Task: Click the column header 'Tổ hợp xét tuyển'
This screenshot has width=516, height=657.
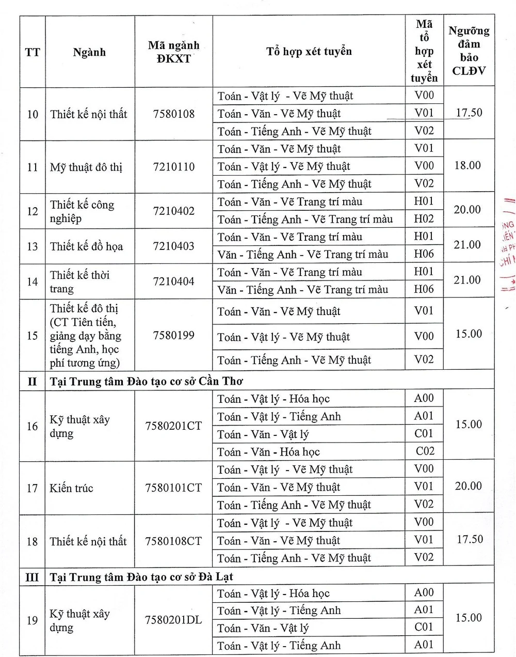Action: pyautogui.click(x=309, y=52)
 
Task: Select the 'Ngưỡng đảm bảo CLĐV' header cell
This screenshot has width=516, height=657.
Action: pyautogui.click(x=469, y=51)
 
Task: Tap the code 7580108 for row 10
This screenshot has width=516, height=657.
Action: pyautogui.click(x=174, y=114)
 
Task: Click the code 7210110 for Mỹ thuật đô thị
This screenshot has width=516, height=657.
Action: pyautogui.click(x=174, y=167)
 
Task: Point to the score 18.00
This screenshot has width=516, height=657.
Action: pyautogui.click(x=467, y=165)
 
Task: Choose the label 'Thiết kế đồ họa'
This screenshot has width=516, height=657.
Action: pyautogui.click(x=86, y=246)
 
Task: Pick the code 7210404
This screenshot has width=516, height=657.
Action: pyautogui.click(x=174, y=281)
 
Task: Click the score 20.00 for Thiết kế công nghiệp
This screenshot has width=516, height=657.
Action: pyautogui.click(x=467, y=210)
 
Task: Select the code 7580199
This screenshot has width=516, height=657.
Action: pyautogui.click(x=174, y=335)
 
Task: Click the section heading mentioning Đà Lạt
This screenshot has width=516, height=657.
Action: pyautogui.click(x=141, y=576)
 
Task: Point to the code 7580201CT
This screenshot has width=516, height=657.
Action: pyautogui.click(x=173, y=426)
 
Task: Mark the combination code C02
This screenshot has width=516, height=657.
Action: pyautogui.click(x=425, y=451)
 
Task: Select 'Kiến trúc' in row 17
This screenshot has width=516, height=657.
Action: pyautogui.click(x=71, y=488)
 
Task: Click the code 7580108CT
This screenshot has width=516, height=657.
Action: pyautogui.click(x=173, y=541)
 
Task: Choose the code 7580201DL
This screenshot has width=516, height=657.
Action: pyautogui.click(x=173, y=620)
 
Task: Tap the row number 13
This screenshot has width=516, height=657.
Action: pyautogui.click(x=33, y=246)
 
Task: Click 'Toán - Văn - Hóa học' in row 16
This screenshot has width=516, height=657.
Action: pyautogui.click(x=268, y=452)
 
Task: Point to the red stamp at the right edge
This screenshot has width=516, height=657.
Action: pyautogui.click(x=508, y=243)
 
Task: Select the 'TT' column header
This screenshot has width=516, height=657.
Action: pyautogui.click(x=33, y=52)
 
